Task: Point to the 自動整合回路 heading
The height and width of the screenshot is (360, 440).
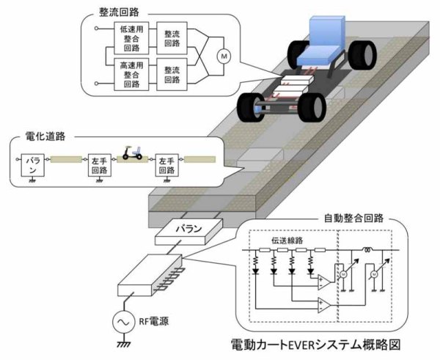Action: click(x=357, y=218)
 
